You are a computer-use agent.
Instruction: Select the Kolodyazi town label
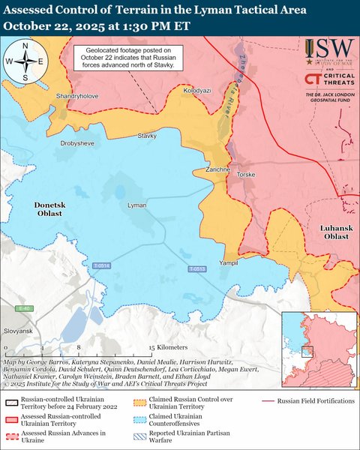tap(198, 90)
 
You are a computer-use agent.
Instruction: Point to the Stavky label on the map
tap(147, 136)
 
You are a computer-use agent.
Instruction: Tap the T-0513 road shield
tap(196, 268)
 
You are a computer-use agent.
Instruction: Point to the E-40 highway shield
tap(25, 308)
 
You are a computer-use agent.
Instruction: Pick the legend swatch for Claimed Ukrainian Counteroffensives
tap(139, 418)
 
